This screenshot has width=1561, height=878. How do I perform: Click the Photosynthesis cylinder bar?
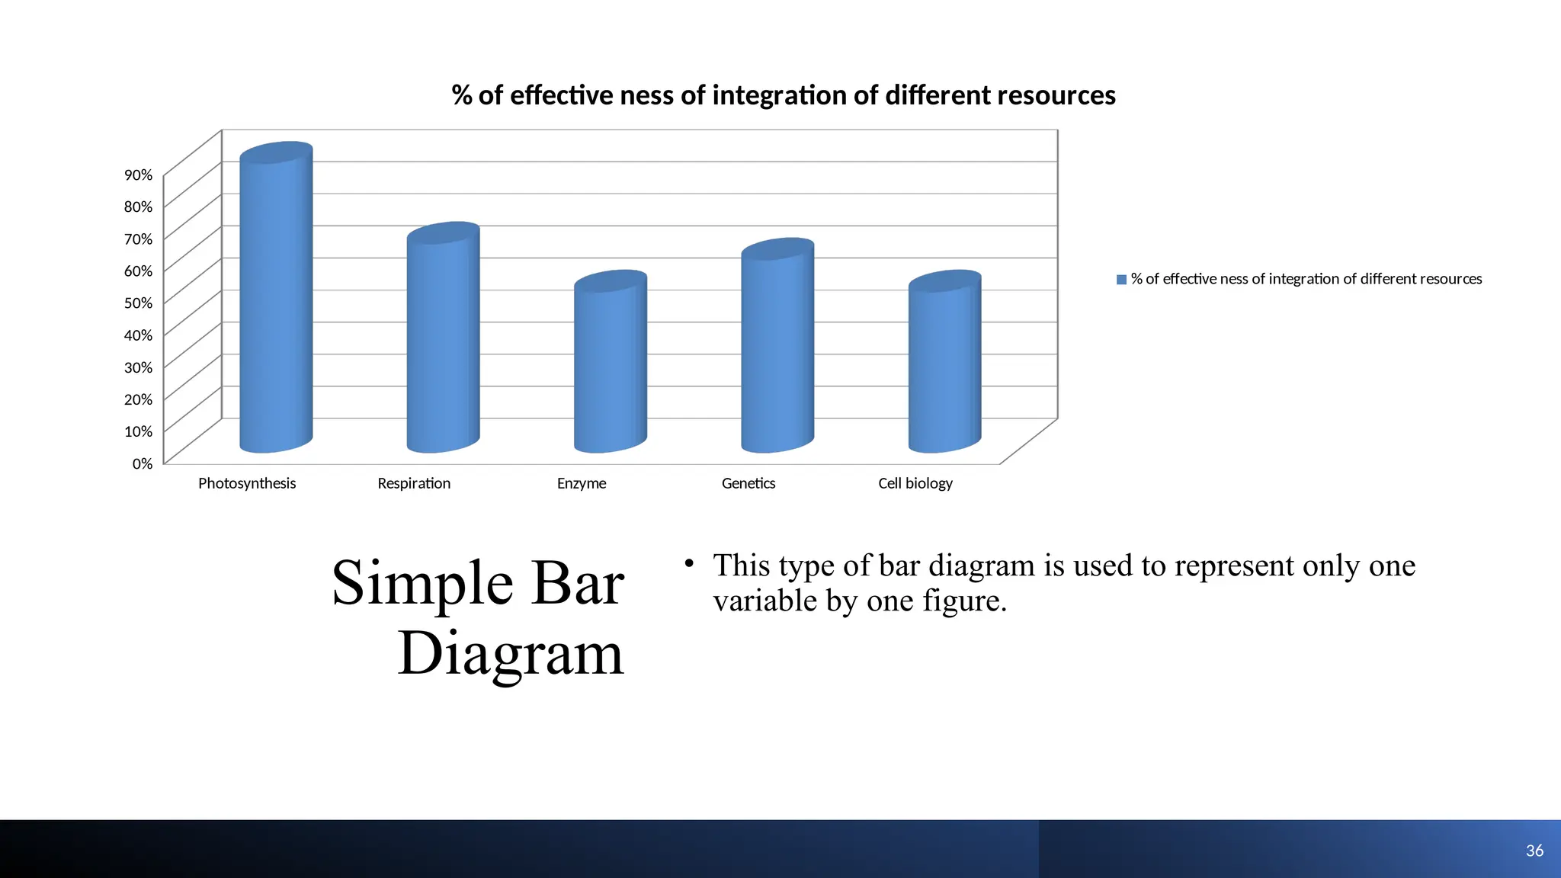pyautogui.click(x=276, y=305)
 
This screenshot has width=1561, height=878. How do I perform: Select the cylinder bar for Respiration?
pyautogui.click(x=443, y=343)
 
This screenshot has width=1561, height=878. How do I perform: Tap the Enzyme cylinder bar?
pyautogui.click(x=610, y=366)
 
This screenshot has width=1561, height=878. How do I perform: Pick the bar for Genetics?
pyautogui.click(x=777, y=351)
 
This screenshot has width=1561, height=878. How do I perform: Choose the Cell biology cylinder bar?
pyautogui.click(x=944, y=366)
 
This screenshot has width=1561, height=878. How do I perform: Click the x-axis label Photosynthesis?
pyautogui.click(x=247, y=483)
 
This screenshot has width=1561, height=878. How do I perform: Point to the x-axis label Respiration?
pyautogui.click(x=414, y=483)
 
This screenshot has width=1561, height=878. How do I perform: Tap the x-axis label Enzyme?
pyautogui.click(x=582, y=483)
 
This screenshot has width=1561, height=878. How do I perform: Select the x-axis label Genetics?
pyautogui.click(x=748, y=483)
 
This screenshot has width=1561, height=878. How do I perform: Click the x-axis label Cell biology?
pyautogui.click(x=915, y=483)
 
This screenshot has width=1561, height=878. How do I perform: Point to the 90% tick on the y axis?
pyautogui.click(x=139, y=175)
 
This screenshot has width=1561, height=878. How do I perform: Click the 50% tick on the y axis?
pyautogui.click(x=139, y=303)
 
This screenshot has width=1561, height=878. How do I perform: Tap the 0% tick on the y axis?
pyautogui.click(x=143, y=463)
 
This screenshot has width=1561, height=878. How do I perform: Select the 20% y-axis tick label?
pyautogui.click(x=139, y=399)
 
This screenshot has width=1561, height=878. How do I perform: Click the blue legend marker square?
pyautogui.click(x=1121, y=280)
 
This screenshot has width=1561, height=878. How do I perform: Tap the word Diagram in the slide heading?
pyautogui.click(x=511, y=654)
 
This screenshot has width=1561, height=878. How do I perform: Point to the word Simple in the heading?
pyautogui.click(x=423, y=584)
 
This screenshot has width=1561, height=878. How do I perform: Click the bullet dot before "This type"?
pyautogui.click(x=689, y=563)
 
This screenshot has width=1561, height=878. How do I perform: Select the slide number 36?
pyautogui.click(x=1534, y=851)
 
